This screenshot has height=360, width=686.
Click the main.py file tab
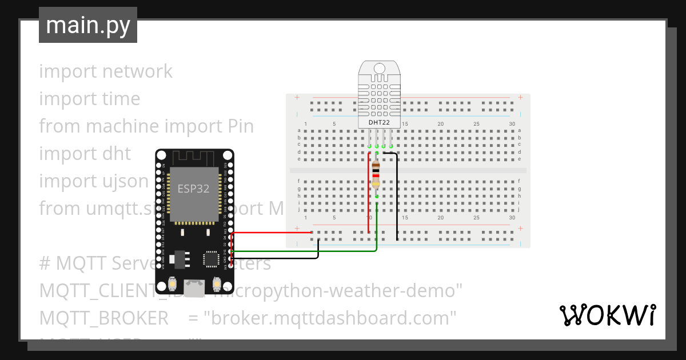click(x=87, y=25)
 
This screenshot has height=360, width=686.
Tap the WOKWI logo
click(x=607, y=315)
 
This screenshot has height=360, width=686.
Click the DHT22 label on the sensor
click(x=378, y=122)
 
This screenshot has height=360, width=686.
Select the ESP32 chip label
click(x=193, y=189)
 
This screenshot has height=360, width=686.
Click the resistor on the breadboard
click(x=376, y=174)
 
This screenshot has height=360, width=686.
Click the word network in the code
click(x=137, y=71)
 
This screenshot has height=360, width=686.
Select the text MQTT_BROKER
click(x=103, y=318)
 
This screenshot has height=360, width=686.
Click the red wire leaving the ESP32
click(x=269, y=233)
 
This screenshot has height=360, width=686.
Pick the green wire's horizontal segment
click(x=303, y=251)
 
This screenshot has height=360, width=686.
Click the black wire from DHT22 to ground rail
click(x=397, y=194)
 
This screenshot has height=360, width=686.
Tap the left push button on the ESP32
click(x=172, y=284)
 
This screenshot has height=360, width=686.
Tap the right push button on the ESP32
click(x=217, y=284)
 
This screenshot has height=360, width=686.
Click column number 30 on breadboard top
click(x=512, y=124)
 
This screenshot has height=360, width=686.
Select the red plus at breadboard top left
click(x=297, y=98)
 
